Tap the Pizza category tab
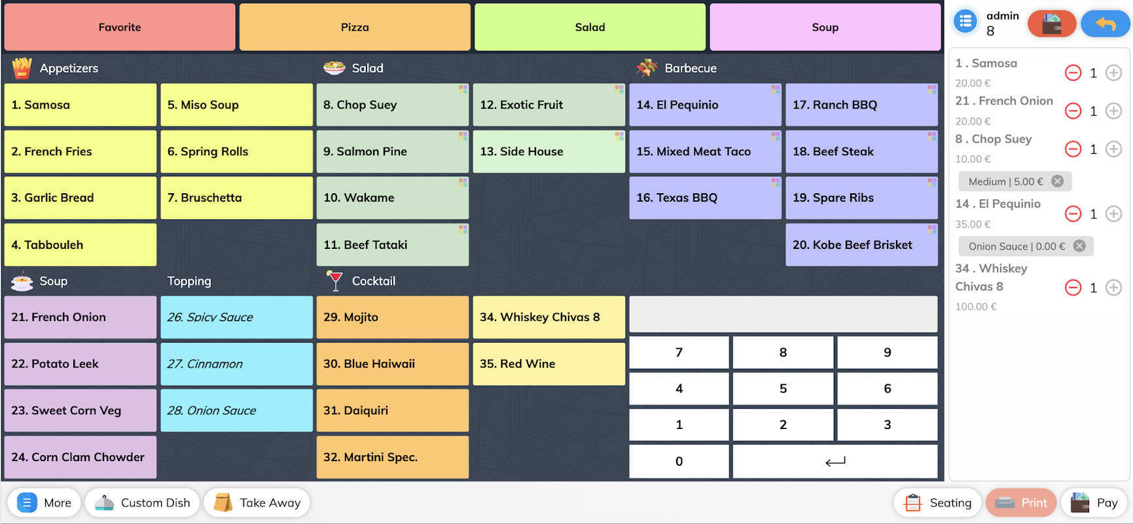pyautogui.click(x=355, y=28)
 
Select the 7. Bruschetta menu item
pyautogui.click(x=236, y=198)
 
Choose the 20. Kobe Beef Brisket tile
pyautogui.click(x=861, y=245)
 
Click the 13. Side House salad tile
pyautogui.click(x=549, y=151)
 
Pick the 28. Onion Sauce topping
pyautogui.click(x=236, y=411)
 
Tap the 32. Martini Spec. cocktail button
pyautogui.click(x=392, y=457)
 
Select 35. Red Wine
pyautogui.click(x=549, y=364)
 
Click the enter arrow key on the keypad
pyautogui.click(x=835, y=462)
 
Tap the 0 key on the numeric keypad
pyautogui.click(x=679, y=462)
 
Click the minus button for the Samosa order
pyautogui.click(x=1073, y=73)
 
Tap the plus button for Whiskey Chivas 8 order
pyautogui.click(x=1113, y=288)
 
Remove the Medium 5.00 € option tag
pyautogui.click(x=1057, y=181)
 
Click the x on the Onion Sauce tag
pyautogui.click(x=1079, y=246)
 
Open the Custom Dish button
pyautogui.click(x=142, y=503)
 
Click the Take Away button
pyautogui.click(x=257, y=503)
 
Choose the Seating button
pyautogui.click(x=937, y=503)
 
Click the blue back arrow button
pyautogui.click(x=1105, y=24)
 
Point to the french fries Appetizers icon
pyautogui.click(x=22, y=68)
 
